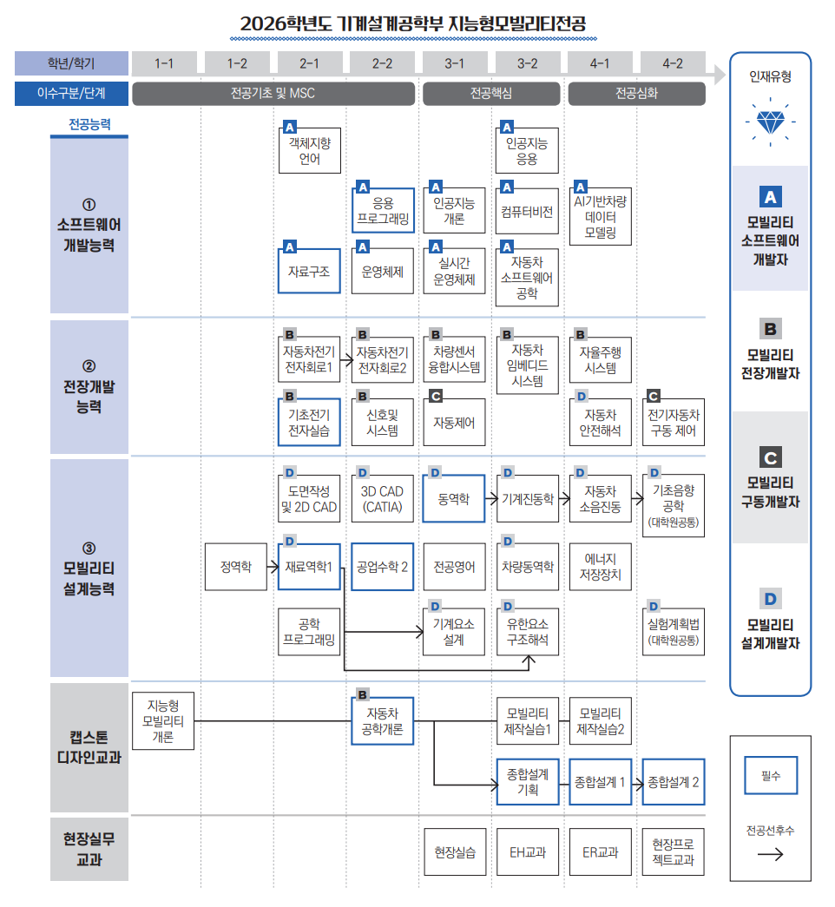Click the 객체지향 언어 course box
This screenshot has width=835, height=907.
click(310, 150)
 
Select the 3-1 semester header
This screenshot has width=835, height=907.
click(454, 63)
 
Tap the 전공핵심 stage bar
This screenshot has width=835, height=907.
click(491, 94)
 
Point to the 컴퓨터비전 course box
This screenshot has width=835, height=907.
click(527, 211)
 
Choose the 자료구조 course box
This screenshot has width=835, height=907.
click(309, 271)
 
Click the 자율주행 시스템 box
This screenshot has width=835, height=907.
click(600, 360)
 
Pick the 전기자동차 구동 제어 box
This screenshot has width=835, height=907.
click(674, 423)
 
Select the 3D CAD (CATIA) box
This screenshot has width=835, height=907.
click(383, 498)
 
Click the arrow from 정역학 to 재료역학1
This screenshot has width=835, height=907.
click(273, 566)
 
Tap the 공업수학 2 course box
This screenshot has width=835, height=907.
click(383, 566)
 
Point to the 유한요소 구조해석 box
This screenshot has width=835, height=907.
click(527, 631)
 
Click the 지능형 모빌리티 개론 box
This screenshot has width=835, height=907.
click(163, 720)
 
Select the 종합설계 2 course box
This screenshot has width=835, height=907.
click(674, 782)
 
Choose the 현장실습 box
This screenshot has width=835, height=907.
click(455, 852)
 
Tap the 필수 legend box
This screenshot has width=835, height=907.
click(771, 775)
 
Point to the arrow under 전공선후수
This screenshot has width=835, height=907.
click(770, 854)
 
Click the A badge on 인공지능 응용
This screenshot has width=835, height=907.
click(507, 127)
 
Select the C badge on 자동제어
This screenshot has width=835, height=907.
click(436, 396)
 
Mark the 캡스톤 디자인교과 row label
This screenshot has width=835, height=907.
click(89, 747)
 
